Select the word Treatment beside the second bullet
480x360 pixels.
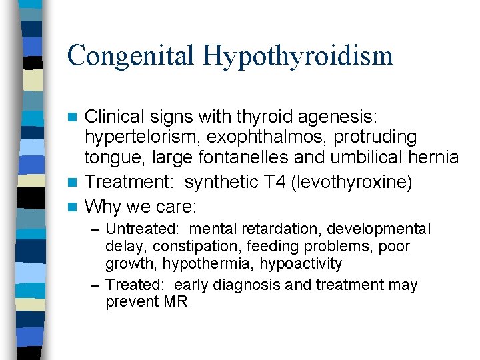pos(132,182)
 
